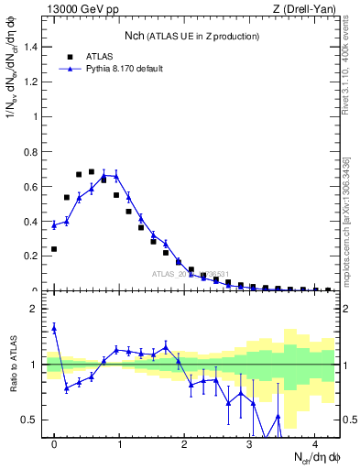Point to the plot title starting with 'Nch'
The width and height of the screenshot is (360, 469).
point(191,36)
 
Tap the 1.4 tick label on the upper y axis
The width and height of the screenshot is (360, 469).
point(30,47)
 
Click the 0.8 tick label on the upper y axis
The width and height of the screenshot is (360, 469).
point(30,152)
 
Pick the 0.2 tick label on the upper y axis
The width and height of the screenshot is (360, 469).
point(30,256)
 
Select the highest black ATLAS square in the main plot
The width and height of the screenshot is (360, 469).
point(92,171)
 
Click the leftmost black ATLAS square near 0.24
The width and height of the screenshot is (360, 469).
point(54,249)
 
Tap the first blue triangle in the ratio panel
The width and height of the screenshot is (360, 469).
point(54,327)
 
